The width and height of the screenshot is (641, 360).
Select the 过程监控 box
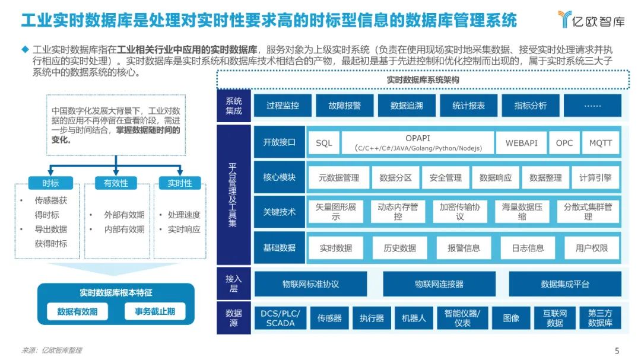point(283,106)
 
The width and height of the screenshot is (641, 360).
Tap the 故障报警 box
point(344,106)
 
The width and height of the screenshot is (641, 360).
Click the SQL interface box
point(324,143)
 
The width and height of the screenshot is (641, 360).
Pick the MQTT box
point(600,143)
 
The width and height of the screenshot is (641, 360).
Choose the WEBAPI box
point(521,143)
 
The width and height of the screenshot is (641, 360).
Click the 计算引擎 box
point(595,177)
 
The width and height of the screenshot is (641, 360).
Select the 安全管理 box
point(445,177)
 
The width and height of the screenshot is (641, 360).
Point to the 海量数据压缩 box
point(522,212)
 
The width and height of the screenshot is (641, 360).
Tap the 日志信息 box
point(528,248)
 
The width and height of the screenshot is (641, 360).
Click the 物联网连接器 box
point(439,284)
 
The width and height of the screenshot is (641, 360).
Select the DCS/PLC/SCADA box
point(281,318)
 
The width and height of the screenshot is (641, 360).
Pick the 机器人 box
point(414,318)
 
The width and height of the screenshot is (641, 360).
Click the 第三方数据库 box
point(600,318)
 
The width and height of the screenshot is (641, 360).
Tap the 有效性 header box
point(116,183)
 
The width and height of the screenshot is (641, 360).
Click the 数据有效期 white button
point(78,311)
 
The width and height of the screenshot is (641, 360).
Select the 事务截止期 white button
point(155,311)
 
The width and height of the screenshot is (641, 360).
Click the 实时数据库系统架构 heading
point(423,79)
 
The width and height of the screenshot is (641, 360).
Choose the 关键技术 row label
point(279,212)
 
